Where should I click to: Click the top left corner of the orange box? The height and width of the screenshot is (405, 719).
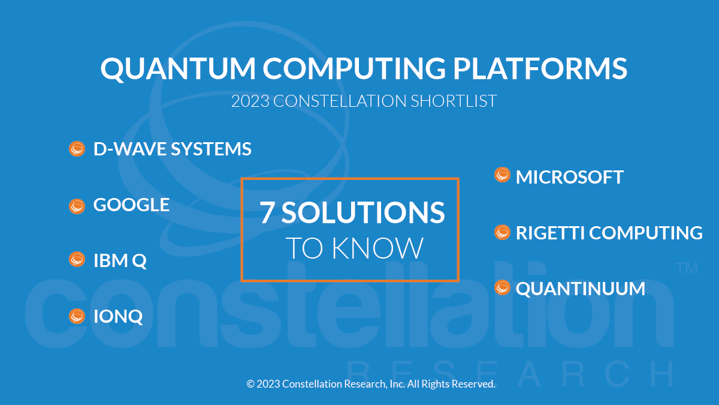tap(241, 178)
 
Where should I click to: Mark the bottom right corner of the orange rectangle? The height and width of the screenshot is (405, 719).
tap(459, 281)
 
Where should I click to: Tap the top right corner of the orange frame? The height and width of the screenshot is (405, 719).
tap(459, 178)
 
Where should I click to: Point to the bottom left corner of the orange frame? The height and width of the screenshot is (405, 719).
tap(241, 281)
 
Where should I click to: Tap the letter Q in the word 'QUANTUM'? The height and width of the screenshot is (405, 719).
tap(113, 69)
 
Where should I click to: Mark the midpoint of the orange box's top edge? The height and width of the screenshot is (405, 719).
tap(350, 178)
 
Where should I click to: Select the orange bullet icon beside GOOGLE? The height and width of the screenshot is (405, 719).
tap(77, 206)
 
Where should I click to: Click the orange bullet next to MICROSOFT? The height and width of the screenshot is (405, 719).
tap(502, 175)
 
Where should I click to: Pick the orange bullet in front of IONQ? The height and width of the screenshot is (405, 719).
tap(77, 316)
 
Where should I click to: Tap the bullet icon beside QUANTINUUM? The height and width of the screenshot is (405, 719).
tap(502, 287)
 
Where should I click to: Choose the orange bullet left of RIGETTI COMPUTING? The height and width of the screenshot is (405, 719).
tap(502, 232)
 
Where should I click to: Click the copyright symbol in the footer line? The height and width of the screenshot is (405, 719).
tap(250, 384)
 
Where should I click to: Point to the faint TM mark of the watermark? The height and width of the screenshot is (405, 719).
tap(687, 268)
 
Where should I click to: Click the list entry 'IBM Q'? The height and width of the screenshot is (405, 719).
tap(120, 260)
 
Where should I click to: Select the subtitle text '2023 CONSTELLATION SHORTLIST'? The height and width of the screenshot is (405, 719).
tap(364, 101)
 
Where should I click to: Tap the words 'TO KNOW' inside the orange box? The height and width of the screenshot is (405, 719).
tap(355, 248)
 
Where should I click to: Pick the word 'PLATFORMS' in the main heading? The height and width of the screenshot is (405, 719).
tap(540, 68)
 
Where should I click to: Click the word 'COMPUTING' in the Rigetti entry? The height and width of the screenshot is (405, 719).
tap(646, 232)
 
